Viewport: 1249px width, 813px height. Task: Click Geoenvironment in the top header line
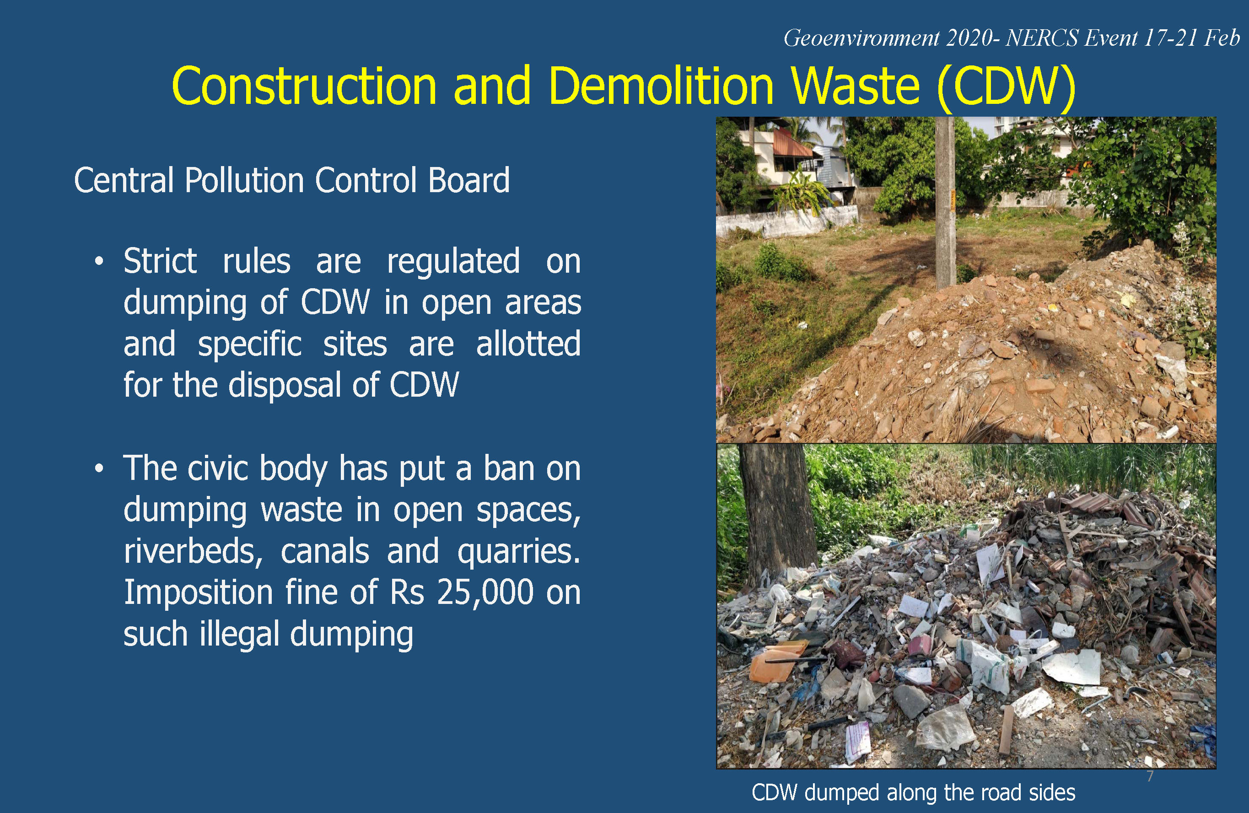(861, 38)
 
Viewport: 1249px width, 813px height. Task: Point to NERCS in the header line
(1042, 38)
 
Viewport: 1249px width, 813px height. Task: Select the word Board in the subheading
(468, 181)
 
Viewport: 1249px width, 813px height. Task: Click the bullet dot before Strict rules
(99, 261)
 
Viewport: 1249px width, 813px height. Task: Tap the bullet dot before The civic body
(99, 468)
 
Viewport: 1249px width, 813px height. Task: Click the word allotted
(528, 344)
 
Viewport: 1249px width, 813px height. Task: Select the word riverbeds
(193, 552)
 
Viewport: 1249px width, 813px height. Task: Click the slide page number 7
(1150, 776)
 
